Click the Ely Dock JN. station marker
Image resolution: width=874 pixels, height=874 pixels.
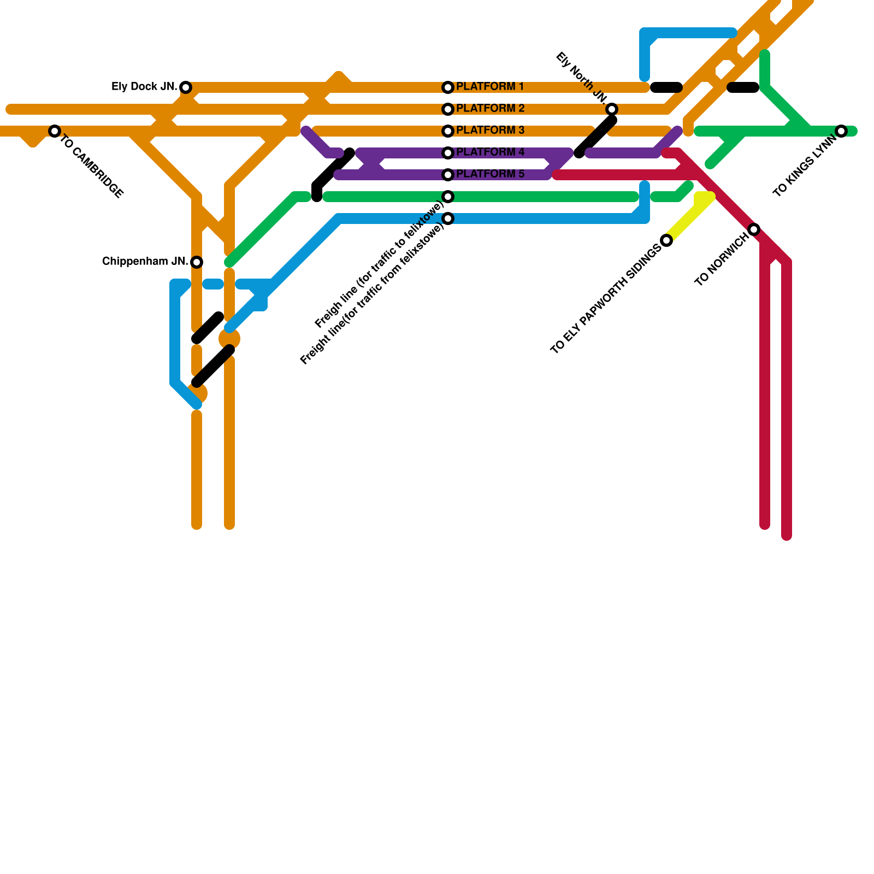pyautogui.click(x=186, y=87)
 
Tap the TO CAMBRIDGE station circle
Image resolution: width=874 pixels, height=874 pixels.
pyautogui.click(x=54, y=131)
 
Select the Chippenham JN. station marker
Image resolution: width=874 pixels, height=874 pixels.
pyautogui.click(x=197, y=262)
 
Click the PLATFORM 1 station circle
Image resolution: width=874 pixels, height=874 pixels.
pyautogui.click(x=448, y=87)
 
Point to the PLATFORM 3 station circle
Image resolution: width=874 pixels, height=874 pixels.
pyautogui.click(x=448, y=131)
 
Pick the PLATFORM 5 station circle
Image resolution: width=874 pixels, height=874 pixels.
pyautogui.click(x=448, y=175)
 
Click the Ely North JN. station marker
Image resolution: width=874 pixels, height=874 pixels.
pyautogui.click(x=612, y=109)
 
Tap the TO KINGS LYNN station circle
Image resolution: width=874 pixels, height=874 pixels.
pyautogui.click(x=841, y=131)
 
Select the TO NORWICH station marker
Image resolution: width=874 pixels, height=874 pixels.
pyautogui.click(x=754, y=229)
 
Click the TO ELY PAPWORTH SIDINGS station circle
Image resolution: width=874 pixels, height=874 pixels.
pyautogui.click(x=666, y=240)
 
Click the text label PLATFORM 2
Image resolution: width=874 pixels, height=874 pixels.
pyautogui.click(x=490, y=109)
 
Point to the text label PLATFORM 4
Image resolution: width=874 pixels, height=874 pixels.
pyautogui.click(x=490, y=152)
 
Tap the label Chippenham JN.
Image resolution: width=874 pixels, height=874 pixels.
pyautogui.click(x=145, y=262)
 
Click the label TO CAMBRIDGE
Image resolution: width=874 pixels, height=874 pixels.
pyautogui.click(x=92, y=166)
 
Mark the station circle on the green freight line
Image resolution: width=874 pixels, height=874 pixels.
pyautogui.click(x=448, y=197)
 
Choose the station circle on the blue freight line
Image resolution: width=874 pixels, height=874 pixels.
pyautogui.click(x=448, y=218)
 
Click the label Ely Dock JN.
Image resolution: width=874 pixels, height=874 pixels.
pyautogui.click(x=144, y=87)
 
